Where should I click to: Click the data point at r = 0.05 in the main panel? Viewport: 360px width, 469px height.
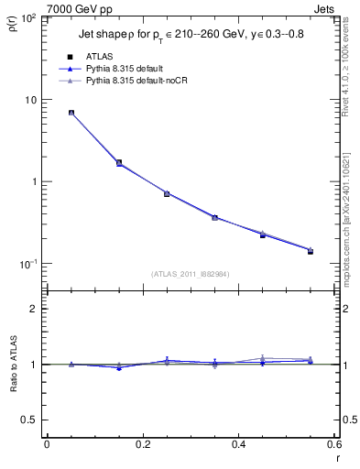(71, 113)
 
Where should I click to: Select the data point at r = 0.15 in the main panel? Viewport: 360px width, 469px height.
(119, 162)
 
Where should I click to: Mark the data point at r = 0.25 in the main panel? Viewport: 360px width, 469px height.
(167, 193)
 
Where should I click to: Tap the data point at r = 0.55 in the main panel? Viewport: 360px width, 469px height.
(310, 251)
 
